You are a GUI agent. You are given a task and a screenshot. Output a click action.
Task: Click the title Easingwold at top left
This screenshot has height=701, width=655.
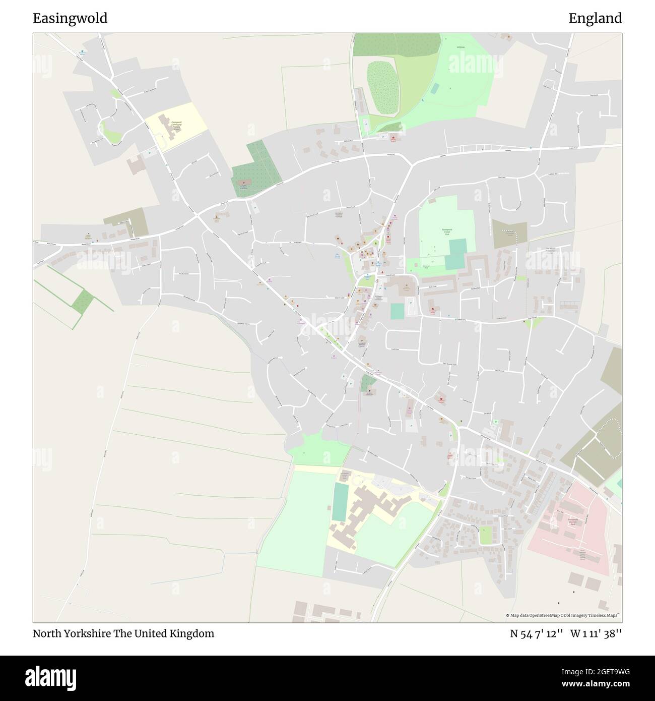point(70,19)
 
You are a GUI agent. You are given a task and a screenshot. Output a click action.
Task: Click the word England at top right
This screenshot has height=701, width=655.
point(595,19)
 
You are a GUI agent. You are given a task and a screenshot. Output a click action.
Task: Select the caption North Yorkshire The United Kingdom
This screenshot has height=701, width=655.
point(123,633)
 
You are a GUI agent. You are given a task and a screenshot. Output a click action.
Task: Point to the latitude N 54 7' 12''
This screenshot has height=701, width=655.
point(536,633)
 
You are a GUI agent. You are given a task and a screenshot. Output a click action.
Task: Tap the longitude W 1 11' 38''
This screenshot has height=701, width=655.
point(596,633)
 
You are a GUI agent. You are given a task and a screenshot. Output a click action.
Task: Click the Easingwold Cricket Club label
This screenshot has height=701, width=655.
point(445,232)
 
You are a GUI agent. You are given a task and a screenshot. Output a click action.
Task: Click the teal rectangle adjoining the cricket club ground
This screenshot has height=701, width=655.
point(455,255)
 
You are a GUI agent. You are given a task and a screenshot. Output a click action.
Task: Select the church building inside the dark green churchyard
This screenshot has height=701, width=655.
point(244,184)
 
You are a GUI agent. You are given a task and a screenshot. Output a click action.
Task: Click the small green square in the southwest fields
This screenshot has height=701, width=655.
point(83,302)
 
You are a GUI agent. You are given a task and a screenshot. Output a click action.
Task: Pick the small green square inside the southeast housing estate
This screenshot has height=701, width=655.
point(485,535)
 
